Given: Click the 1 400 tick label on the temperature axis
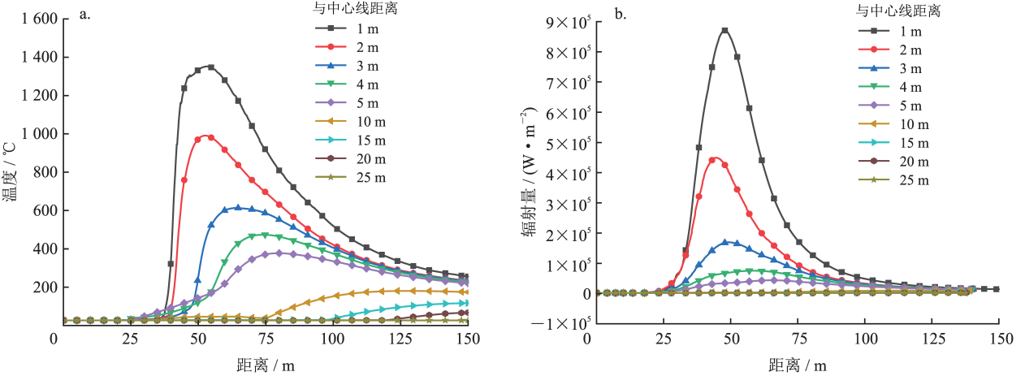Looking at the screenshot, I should pos(24,57).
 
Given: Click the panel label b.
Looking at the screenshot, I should pos(619,14).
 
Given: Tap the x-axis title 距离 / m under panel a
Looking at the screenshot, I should pos(260,365).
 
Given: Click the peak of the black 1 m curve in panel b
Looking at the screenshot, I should pos(724,30).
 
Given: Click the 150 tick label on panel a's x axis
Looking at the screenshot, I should pos(468,338).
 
